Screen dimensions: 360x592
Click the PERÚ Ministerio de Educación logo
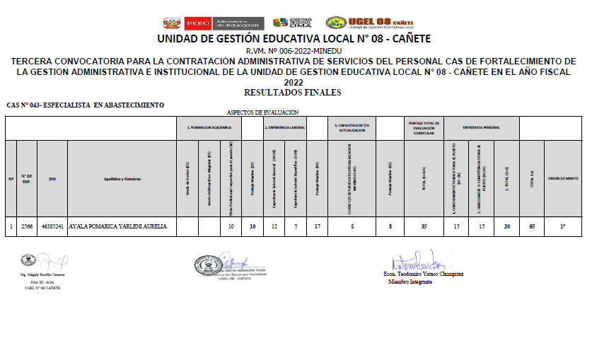click(x=213, y=23)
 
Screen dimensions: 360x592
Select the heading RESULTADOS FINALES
click(x=292, y=92)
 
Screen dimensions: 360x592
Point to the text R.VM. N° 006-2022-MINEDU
click(x=293, y=52)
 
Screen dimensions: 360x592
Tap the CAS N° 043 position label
click(x=85, y=105)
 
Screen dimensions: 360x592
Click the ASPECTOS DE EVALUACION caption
click(x=262, y=112)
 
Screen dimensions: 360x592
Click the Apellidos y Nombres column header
click(x=122, y=178)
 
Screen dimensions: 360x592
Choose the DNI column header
click(x=52, y=178)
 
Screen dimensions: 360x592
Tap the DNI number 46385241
click(x=52, y=226)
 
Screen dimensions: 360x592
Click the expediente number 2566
click(x=28, y=226)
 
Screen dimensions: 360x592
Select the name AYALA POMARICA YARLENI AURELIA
click(x=117, y=226)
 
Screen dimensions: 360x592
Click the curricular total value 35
click(x=423, y=226)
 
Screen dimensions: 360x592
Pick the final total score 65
click(x=531, y=226)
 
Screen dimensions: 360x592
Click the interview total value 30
click(x=506, y=226)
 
